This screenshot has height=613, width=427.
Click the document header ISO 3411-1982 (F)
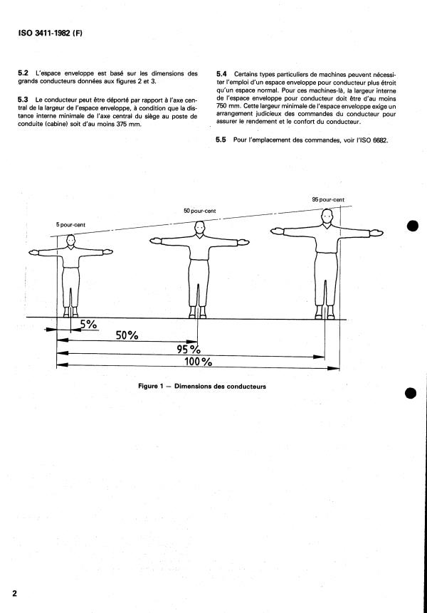point(50,33)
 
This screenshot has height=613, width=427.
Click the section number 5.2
point(23,73)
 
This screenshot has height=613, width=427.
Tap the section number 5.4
point(221,74)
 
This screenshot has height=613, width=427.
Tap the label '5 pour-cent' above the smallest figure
point(70,225)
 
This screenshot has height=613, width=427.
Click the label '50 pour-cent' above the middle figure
point(200,211)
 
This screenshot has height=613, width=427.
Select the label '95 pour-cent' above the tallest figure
point(328,199)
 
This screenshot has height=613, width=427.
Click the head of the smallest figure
point(70,240)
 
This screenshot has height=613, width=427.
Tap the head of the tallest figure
point(327,216)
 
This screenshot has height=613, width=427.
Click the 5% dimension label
point(89,324)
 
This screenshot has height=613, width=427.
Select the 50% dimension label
point(127,335)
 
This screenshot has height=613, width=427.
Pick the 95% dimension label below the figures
point(189,349)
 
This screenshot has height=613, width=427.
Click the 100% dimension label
point(198,361)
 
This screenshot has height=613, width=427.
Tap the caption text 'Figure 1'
point(148,387)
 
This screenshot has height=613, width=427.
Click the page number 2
point(15,594)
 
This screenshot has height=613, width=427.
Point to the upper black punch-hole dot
point(413,226)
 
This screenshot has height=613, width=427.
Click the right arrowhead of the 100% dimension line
point(334,368)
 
